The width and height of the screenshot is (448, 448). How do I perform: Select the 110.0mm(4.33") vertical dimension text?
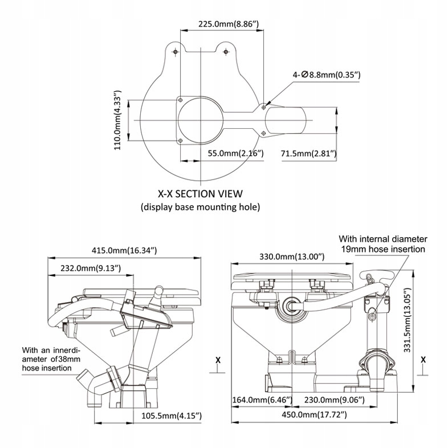coord(118,120)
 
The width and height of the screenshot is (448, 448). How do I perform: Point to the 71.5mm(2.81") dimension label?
coord(308,153)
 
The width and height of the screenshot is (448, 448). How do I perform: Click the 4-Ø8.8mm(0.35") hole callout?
coord(327,75)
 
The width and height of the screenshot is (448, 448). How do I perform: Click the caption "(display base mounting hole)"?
coord(200,206)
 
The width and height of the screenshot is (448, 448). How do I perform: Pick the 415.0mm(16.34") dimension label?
coord(124,250)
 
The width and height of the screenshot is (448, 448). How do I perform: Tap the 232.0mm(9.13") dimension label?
coord(88,267)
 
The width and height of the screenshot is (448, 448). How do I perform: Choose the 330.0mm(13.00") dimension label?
coord(292,256)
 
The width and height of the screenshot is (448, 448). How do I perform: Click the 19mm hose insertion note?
coord(382,244)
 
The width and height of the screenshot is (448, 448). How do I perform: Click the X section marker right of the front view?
coord(423,360)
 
